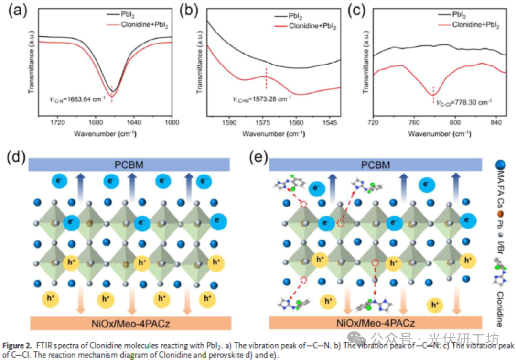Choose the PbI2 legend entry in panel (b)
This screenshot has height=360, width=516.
click(x=296, y=16)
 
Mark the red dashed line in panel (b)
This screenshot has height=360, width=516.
click(x=266, y=79)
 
